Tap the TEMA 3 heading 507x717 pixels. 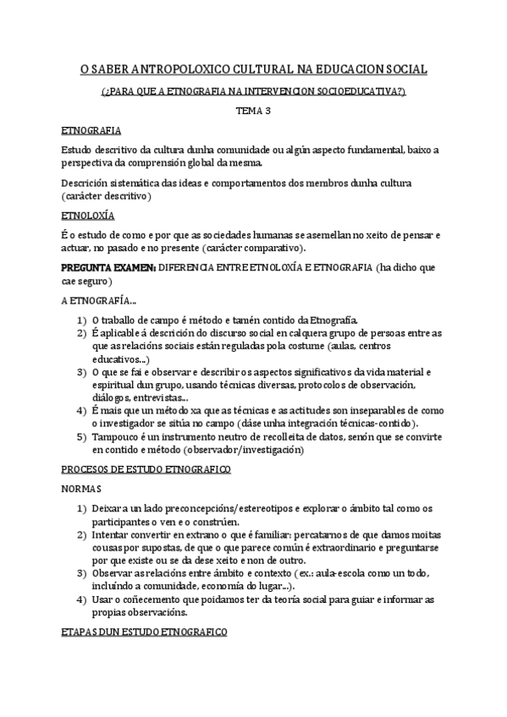coord(253,110)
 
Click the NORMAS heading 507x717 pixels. coord(83,490)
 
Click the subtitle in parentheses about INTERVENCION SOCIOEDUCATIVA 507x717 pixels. coord(253,90)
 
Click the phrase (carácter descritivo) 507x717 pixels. coord(107,195)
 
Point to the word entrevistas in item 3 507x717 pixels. coord(158,398)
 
